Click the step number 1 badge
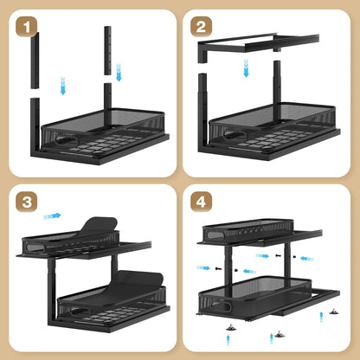[x=27, y=27]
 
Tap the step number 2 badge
[x=201, y=27]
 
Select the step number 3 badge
[x=27, y=202]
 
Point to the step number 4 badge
[x=201, y=202]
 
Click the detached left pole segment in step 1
[x=35, y=61]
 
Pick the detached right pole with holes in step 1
[x=107, y=51]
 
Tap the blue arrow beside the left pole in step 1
[x=63, y=86]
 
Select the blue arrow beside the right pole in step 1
[x=119, y=73]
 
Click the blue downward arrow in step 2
[x=246, y=68]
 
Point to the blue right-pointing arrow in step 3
[x=52, y=215]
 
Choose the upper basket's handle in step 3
[x=35, y=247]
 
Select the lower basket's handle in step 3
[x=80, y=312]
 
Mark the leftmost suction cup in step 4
[x=230, y=327]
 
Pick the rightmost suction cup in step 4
[x=334, y=312]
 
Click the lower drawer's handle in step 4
[x=222, y=306]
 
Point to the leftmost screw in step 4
[x=218, y=268]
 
